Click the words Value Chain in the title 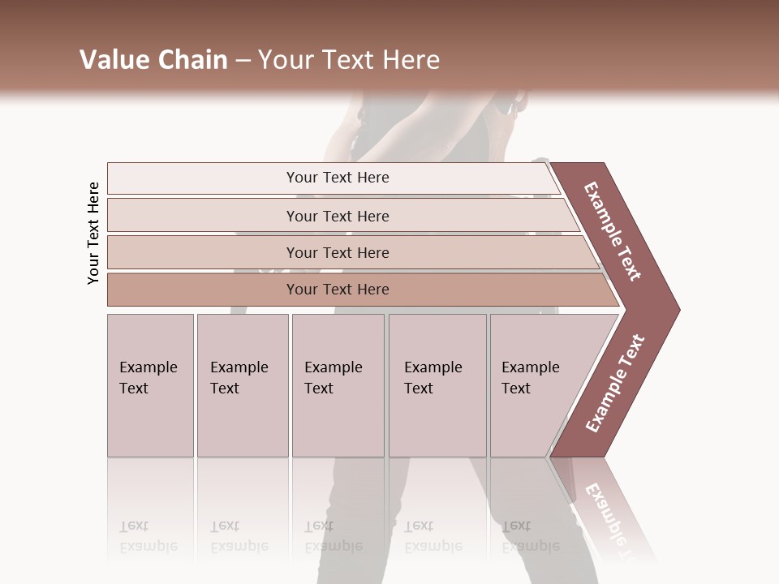coord(153,60)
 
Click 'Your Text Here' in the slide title coord(349,60)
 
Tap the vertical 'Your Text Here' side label coord(93,233)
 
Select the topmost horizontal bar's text coord(338,178)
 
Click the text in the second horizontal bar coord(338,217)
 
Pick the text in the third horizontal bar coord(338,253)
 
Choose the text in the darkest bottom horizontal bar coord(338,290)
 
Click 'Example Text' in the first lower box coord(148,378)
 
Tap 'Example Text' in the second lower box coord(239,378)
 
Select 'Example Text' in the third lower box coord(333,378)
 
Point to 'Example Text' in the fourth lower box coord(433,378)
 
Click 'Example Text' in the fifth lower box coord(530,378)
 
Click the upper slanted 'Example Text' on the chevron coord(613,231)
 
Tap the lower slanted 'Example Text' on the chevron coord(615,383)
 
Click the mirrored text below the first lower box coord(148,536)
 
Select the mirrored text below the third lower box coord(333,536)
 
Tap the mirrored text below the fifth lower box coord(530,536)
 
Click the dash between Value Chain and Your coord(243,61)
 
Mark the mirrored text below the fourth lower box coord(433,536)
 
